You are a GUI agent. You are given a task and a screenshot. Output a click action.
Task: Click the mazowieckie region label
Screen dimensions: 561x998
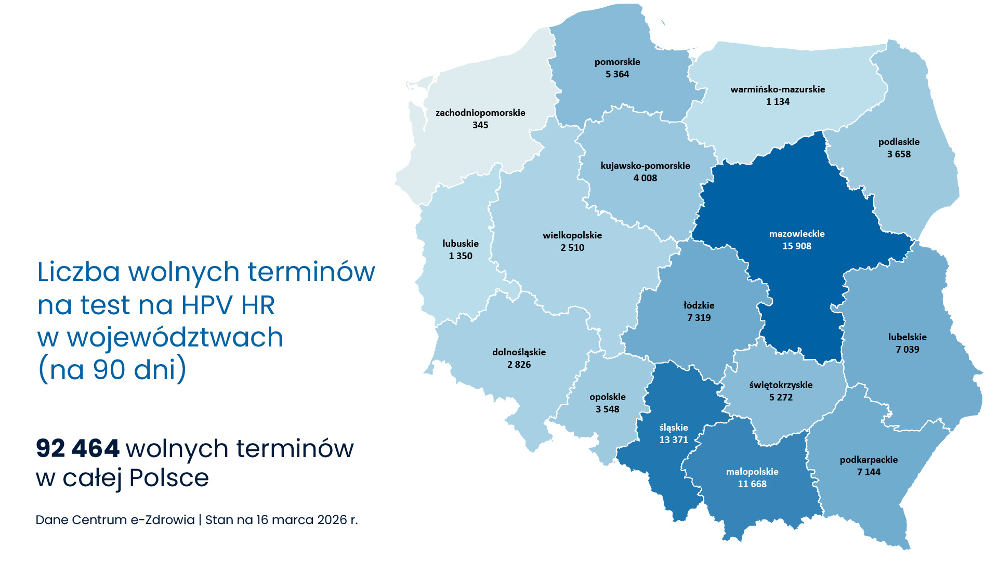(x=796, y=234)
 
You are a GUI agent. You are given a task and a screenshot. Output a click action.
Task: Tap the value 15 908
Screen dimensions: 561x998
(x=796, y=246)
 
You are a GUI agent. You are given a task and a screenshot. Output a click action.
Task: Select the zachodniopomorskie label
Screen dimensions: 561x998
(x=480, y=113)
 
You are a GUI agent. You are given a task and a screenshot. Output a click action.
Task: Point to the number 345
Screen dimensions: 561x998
(x=480, y=125)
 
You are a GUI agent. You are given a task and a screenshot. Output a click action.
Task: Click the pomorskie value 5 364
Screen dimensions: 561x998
(x=617, y=74)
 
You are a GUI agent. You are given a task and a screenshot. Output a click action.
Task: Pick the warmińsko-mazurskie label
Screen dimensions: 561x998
(x=777, y=89)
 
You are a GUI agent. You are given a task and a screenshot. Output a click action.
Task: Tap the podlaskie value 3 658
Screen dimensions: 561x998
(x=898, y=154)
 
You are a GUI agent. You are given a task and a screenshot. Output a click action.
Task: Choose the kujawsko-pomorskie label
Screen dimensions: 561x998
(x=645, y=166)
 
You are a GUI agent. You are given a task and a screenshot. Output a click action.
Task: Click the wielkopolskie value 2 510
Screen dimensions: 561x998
(x=572, y=248)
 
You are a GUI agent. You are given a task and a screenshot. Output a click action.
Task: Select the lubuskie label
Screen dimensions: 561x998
(x=460, y=244)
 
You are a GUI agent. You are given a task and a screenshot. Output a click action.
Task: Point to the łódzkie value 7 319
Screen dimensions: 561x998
(x=699, y=318)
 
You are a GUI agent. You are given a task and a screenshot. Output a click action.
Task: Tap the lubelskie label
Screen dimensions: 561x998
(x=907, y=337)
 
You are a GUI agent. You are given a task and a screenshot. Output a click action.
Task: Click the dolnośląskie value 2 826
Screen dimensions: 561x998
(x=519, y=365)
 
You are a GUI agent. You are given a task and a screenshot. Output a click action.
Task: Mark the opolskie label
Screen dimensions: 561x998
(x=607, y=397)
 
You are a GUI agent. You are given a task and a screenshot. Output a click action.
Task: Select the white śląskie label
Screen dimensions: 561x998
(x=673, y=428)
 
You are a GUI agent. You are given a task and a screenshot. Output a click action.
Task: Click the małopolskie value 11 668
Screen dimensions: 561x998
(x=752, y=484)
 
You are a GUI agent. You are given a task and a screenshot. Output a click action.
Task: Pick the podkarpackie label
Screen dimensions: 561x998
(x=869, y=460)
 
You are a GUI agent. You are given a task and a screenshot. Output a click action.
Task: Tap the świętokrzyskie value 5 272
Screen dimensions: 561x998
(x=780, y=397)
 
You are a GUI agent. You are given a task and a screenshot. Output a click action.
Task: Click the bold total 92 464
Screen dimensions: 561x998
(x=77, y=448)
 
